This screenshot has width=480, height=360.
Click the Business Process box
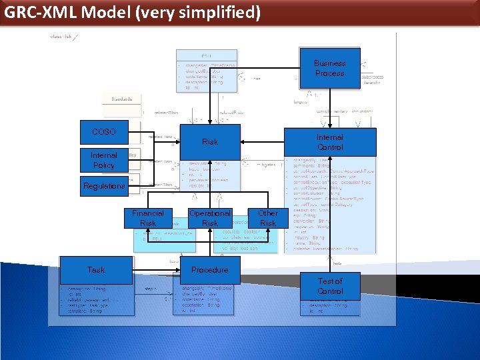[x=329, y=68]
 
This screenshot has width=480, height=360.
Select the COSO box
[x=103, y=132]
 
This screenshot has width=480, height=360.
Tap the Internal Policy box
[x=103, y=160]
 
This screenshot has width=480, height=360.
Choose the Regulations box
[x=103, y=186]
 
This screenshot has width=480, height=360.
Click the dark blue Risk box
[x=209, y=141]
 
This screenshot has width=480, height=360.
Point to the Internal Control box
[x=330, y=142]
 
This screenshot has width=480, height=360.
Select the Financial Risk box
[x=148, y=218]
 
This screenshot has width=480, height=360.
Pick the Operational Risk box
[x=209, y=218]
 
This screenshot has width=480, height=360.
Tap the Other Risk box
[x=268, y=218]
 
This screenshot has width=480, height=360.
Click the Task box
[x=96, y=270]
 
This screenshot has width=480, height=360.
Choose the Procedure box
[x=209, y=270]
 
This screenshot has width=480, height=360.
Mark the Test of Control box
[x=330, y=286]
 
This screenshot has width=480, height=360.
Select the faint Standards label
[x=121, y=99]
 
